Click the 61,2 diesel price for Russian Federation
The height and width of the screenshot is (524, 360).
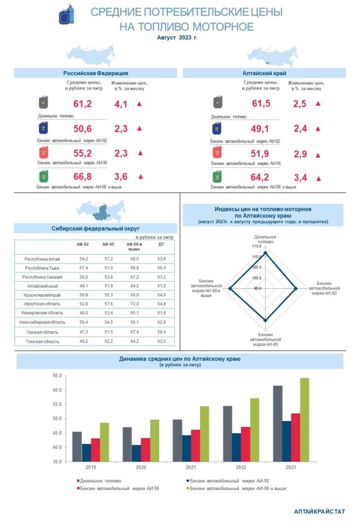click(x=82, y=104)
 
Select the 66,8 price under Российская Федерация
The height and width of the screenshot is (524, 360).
click(x=82, y=177)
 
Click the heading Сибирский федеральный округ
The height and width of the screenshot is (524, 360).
click(x=96, y=229)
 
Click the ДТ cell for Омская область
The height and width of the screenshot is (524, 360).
click(x=161, y=332)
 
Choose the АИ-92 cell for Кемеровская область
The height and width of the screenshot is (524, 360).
click(x=83, y=313)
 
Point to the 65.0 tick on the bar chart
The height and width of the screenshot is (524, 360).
click(x=57, y=376)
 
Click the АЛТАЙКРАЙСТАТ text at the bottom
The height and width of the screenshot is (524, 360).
click(x=320, y=511)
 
